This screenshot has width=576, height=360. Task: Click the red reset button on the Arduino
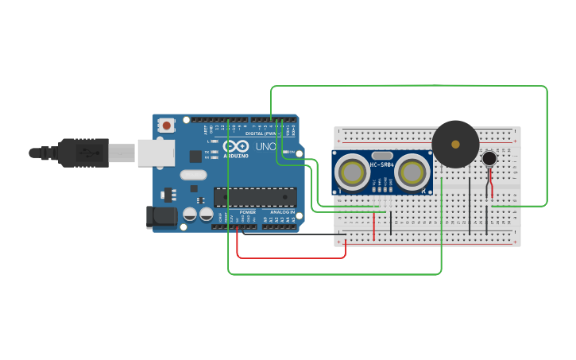tap(166, 125)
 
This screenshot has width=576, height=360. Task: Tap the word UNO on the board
tap(265, 147)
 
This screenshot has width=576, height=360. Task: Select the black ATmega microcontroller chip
tap(255, 196)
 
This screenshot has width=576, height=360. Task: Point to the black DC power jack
tap(160, 217)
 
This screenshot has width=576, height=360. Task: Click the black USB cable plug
tap(83, 153)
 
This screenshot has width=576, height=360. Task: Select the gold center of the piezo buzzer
tap(455, 145)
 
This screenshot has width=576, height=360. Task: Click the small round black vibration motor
tap(489, 159)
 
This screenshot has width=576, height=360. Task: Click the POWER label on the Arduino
tap(248, 212)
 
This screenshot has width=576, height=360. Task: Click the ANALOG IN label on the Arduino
tap(281, 212)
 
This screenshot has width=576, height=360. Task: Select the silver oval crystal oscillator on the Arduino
tap(193, 175)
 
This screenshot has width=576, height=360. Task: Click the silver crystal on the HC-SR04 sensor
tap(381, 156)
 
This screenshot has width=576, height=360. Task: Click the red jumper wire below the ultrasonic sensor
tap(373, 226)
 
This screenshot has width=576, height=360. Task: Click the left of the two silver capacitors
tap(190, 214)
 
